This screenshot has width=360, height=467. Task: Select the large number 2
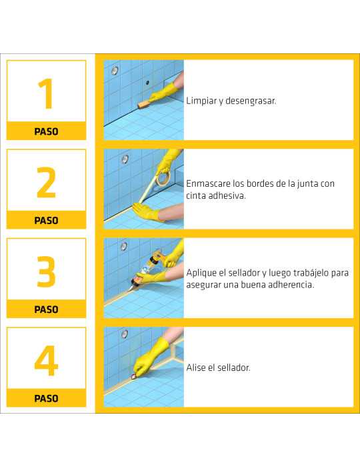[x=46, y=181]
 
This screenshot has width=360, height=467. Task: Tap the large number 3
[x=46, y=271]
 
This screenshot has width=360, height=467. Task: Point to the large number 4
[x=46, y=360]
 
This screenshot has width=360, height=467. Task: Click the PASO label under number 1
[x=46, y=131]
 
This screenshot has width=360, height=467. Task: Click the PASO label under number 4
[x=46, y=398]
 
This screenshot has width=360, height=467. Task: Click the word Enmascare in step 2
[x=210, y=183]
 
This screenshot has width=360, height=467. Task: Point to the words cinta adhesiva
[x=216, y=195]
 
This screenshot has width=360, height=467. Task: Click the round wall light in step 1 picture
[x=115, y=70]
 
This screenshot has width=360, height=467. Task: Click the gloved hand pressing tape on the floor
[x=145, y=213]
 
